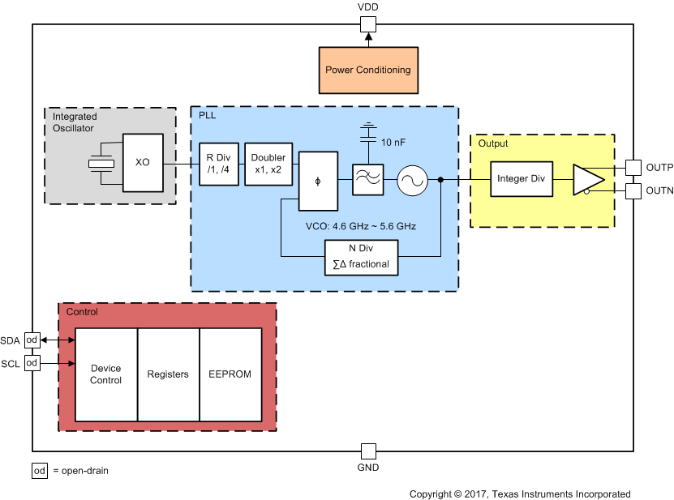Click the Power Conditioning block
(367, 70)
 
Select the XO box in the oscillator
(143, 162)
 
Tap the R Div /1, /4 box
(219, 163)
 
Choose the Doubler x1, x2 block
(268, 163)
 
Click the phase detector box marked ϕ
(317, 181)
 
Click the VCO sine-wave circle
(412, 179)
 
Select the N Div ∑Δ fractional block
(362, 258)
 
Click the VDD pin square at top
(368, 24)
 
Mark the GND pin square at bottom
(368, 451)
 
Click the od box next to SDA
(32, 340)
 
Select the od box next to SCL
(32, 363)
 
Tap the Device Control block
(106, 374)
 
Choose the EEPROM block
(231, 374)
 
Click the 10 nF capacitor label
(393, 142)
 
